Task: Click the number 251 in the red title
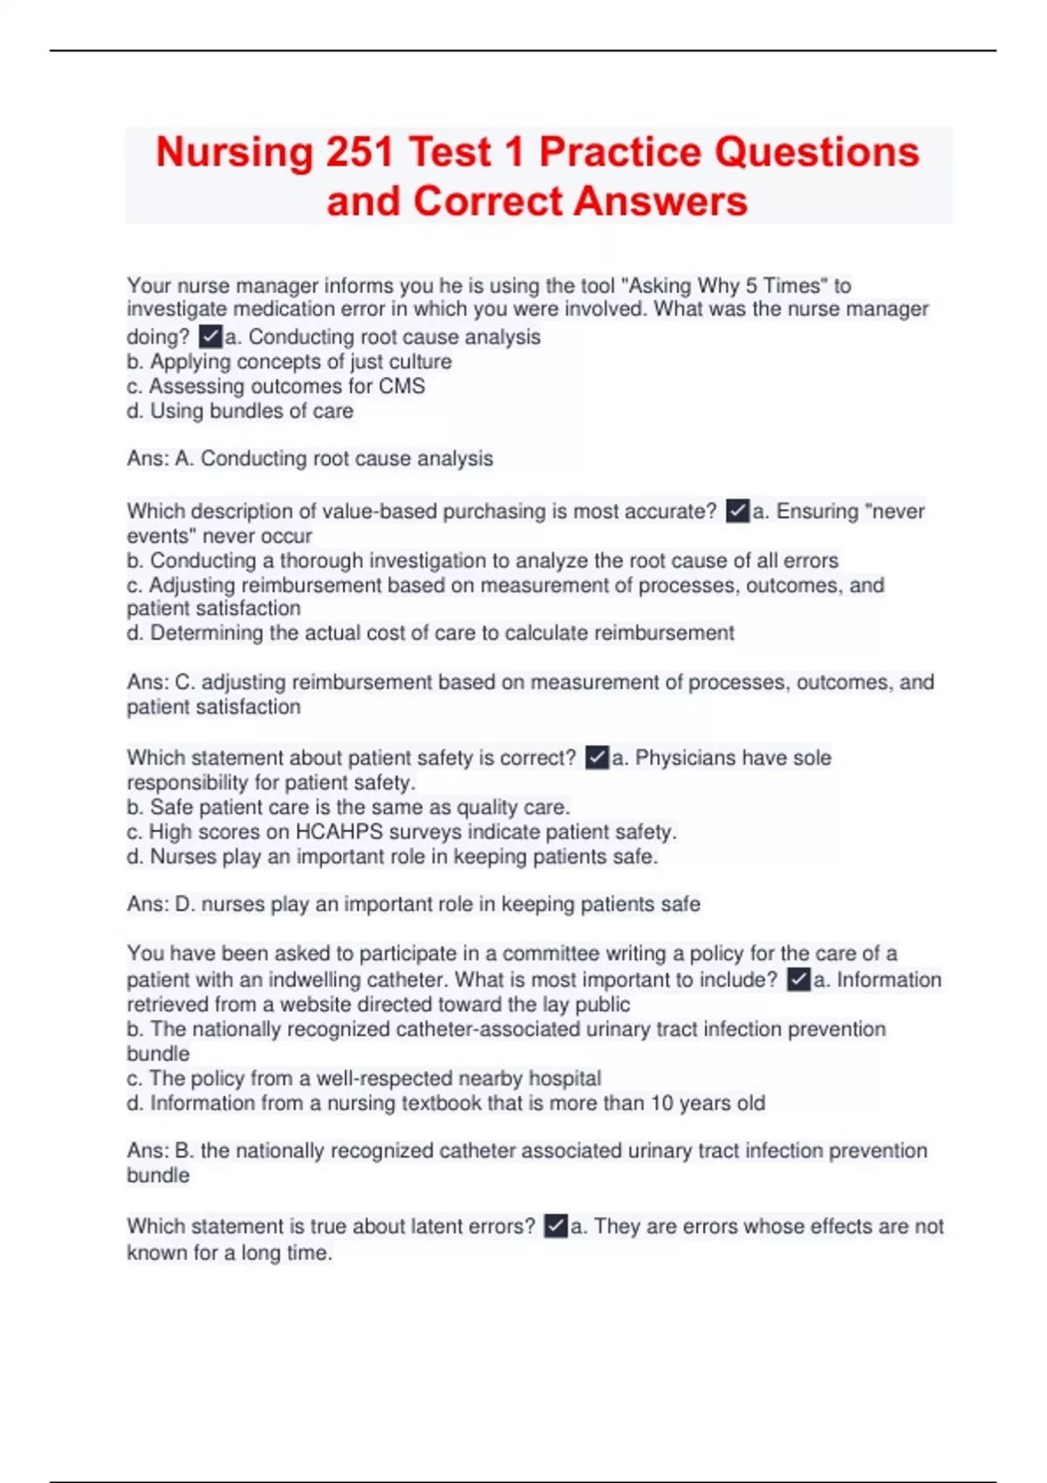coord(359,153)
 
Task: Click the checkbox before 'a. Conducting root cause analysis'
coord(210,337)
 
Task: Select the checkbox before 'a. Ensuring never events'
coord(737,511)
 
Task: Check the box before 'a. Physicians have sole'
coord(597,757)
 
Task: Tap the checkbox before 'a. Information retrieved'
coord(798,980)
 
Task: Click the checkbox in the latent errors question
coord(556,1227)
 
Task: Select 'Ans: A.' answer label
coord(160,459)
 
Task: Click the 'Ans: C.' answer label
coord(161,682)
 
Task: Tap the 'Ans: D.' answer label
coord(161,905)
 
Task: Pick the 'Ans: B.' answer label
coord(160,1152)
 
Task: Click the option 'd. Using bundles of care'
coord(240,411)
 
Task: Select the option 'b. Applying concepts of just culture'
coord(289,362)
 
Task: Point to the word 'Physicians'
coord(685,758)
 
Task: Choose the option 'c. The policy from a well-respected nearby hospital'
coord(364,1079)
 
